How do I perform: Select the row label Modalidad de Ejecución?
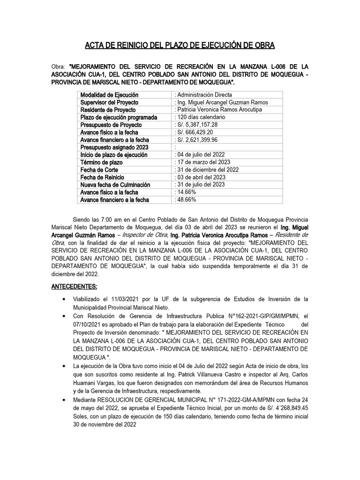[x=109, y=95]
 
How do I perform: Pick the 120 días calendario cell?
[x=200, y=117]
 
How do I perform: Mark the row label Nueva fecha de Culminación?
[x=117, y=185]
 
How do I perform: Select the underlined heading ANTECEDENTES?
[x=75, y=286]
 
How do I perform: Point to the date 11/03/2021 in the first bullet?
[x=125, y=299]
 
